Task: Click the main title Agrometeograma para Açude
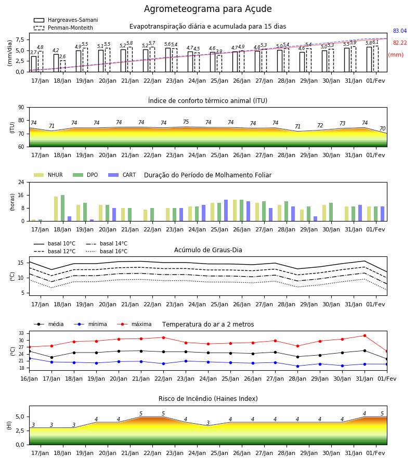point(207,9)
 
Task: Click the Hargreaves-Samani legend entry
point(66,20)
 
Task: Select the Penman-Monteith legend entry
point(63,28)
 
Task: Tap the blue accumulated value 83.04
point(400,31)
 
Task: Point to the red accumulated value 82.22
point(400,43)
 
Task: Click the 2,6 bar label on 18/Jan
point(62,56)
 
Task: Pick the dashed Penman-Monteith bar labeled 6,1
point(376,59)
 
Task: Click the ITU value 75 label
point(186,122)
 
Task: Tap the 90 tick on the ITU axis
point(21,108)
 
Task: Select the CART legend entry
point(122,175)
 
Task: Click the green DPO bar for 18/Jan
point(63,208)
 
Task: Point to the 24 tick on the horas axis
point(21,182)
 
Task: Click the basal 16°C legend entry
point(106,251)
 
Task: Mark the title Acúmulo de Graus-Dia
point(208,250)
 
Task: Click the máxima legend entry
point(134,324)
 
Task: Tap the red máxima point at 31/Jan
point(365,336)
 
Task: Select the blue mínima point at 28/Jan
point(298,366)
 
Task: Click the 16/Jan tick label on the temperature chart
point(29,379)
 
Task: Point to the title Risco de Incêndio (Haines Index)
point(208,399)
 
